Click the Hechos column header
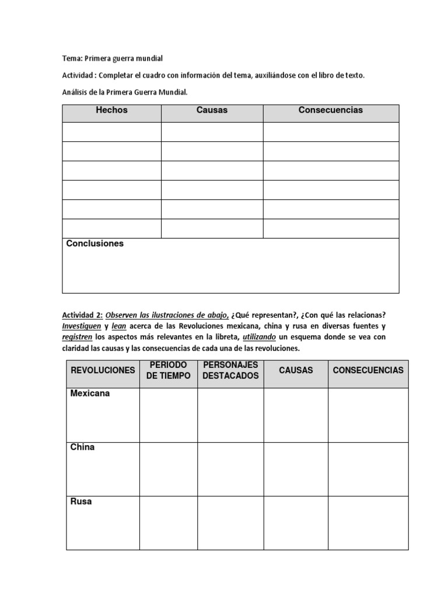111,110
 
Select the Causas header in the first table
212,110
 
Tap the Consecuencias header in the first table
330,110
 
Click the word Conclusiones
95,244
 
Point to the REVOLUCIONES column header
103,370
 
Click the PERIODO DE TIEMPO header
168,370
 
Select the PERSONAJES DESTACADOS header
230,370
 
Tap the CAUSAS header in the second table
296,370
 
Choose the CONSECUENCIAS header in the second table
368,370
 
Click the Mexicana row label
90,394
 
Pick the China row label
82,447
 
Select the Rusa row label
81,501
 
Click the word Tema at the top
72,58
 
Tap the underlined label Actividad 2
82,315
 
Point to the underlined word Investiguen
82,326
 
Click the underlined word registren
77,338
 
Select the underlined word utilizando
262,338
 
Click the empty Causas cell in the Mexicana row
296,415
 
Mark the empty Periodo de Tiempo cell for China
168,469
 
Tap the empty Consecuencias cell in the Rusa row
368,523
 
